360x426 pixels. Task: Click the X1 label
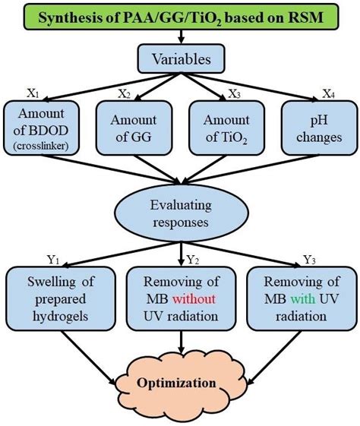34,93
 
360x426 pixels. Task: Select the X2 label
122,93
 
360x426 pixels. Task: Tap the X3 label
235,93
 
